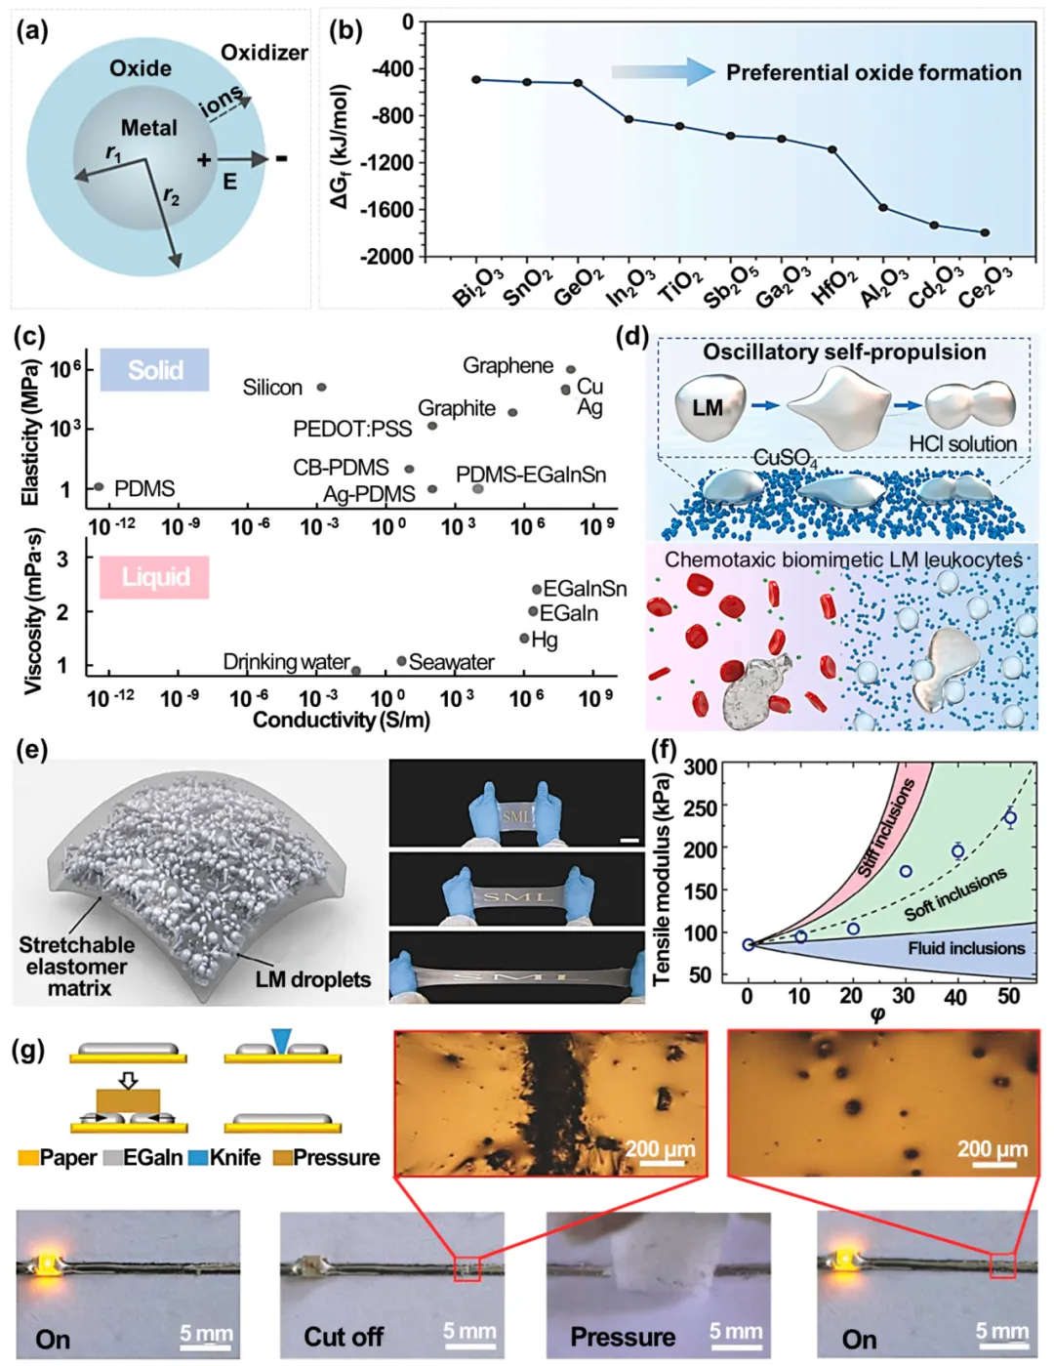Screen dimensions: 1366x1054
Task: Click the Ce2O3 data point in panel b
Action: tap(985, 232)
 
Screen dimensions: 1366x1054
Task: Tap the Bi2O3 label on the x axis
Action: tap(477, 285)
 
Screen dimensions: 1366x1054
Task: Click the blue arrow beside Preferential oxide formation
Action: tap(664, 71)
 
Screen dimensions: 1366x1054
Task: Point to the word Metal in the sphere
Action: tap(148, 128)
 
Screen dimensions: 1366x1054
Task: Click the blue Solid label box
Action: tap(154, 370)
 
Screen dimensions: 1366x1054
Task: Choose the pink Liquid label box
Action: tap(154, 577)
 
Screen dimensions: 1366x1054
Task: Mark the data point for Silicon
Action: tap(321, 388)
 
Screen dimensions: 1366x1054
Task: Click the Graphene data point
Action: tap(571, 369)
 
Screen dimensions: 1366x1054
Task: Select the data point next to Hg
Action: tap(524, 639)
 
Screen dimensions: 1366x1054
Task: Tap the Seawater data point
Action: tap(401, 661)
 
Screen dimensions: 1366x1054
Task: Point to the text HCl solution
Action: tap(962, 444)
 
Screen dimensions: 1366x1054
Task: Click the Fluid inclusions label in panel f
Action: tap(966, 948)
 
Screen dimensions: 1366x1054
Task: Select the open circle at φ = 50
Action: tap(1010, 817)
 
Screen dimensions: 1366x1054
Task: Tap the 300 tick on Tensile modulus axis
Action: tap(700, 767)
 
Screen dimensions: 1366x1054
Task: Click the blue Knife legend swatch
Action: tap(197, 1158)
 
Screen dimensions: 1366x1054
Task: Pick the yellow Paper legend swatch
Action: tap(27, 1158)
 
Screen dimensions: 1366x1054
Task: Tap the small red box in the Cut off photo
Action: tap(466, 1268)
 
